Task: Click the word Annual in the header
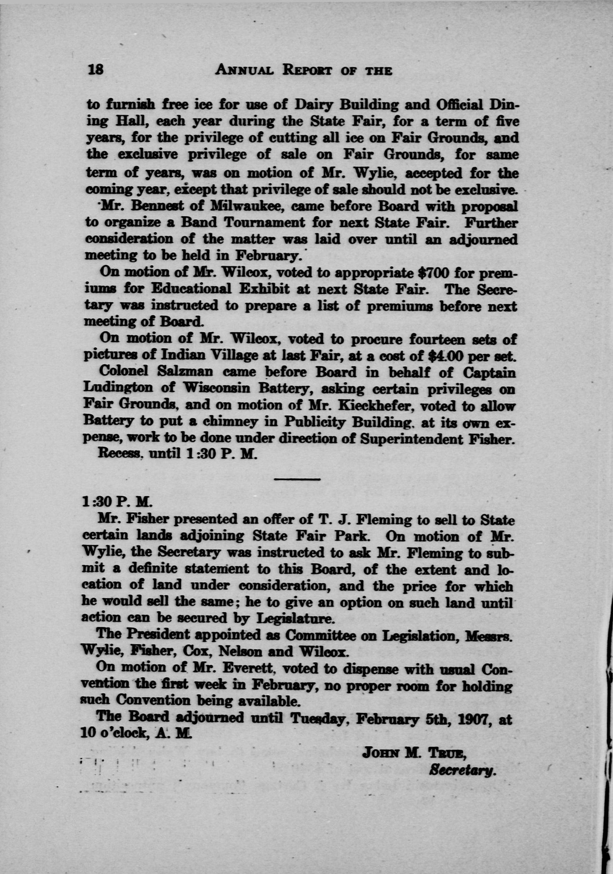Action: coord(246,70)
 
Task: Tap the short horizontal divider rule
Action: coord(297,479)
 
